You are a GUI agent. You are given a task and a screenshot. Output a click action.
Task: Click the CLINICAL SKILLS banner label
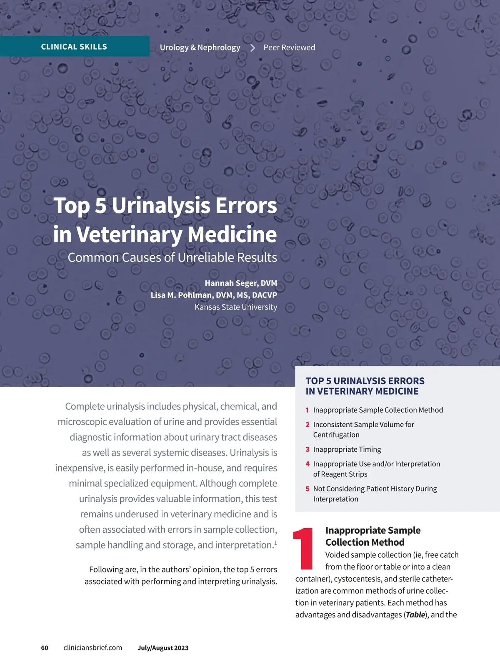tap(74, 47)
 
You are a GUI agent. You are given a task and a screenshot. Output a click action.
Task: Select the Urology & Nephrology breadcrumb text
tap(200, 48)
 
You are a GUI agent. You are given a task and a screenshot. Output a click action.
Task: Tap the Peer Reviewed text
tap(289, 48)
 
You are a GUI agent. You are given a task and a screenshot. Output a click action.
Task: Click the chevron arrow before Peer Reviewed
tap(252, 48)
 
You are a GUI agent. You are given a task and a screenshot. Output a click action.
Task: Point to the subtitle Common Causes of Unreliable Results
tap(172, 257)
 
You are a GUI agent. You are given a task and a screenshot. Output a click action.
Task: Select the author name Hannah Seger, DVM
tap(241, 283)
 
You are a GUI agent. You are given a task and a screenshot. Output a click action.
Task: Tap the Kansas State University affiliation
tap(236, 307)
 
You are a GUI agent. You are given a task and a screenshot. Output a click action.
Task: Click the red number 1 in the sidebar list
tap(307, 410)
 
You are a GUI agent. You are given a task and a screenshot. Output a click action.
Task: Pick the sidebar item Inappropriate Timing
tap(347, 449)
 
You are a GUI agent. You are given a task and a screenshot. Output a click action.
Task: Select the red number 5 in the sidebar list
tap(307, 489)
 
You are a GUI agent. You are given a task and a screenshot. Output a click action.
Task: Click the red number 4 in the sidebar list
tap(307, 464)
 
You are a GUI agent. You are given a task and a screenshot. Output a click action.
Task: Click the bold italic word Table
tap(415, 615)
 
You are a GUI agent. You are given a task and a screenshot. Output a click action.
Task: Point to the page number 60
tap(45, 648)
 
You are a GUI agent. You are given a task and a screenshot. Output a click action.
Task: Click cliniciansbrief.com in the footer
tap(93, 648)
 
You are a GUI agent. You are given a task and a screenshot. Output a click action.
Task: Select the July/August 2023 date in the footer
tap(163, 648)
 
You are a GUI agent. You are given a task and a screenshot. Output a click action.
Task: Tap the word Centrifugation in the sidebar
tap(336, 435)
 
